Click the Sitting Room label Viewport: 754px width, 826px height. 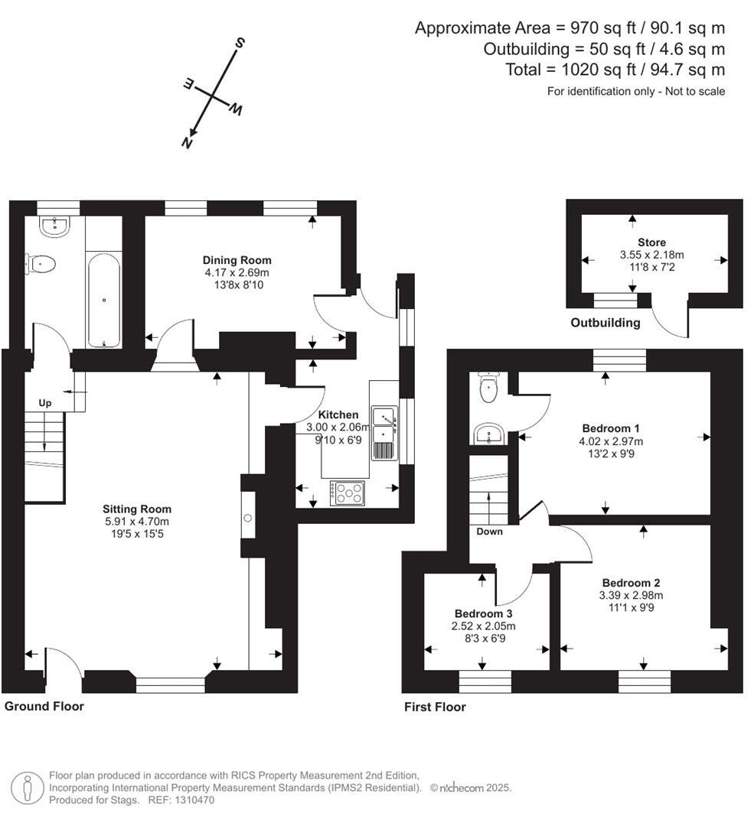click(x=137, y=509)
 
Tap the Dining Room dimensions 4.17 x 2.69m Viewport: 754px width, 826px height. click(x=237, y=272)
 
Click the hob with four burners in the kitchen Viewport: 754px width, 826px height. click(x=348, y=493)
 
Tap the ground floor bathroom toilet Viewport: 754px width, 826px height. click(x=42, y=265)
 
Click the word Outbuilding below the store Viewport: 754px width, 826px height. click(x=605, y=323)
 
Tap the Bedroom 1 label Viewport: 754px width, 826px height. click(x=611, y=428)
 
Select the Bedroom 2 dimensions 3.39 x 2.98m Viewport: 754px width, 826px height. click(x=632, y=596)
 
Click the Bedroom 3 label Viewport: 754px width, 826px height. click(x=483, y=613)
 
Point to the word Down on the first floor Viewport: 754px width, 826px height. click(x=489, y=531)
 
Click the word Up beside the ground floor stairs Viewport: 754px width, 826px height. click(x=45, y=402)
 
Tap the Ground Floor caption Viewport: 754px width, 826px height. click(x=44, y=706)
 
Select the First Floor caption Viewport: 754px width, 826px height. click(x=435, y=707)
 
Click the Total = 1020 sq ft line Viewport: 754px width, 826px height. click(x=615, y=70)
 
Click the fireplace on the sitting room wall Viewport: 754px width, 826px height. click(x=248, y=517)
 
